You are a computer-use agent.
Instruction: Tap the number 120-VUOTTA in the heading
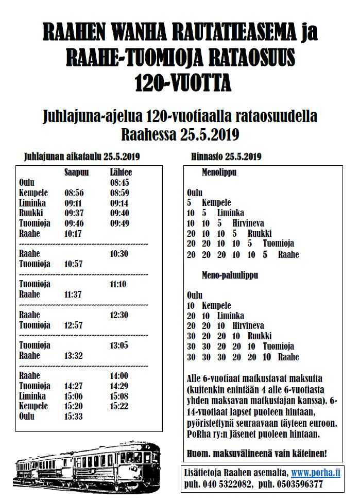(183, 83)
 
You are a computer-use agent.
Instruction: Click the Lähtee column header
(121, 172)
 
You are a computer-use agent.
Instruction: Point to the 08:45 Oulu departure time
(119, 183)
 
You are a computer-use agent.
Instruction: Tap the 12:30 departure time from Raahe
(119, 315)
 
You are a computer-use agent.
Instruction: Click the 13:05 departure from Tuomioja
(119, 345)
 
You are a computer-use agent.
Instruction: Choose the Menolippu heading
(219, 172)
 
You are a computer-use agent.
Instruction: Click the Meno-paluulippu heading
(230, 275)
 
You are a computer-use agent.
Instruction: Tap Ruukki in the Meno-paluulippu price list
(259, 336)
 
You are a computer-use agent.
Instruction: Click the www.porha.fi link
(316, 473)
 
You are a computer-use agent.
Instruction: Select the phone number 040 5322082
(227, 484)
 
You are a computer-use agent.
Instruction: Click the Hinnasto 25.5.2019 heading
(226, 157)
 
